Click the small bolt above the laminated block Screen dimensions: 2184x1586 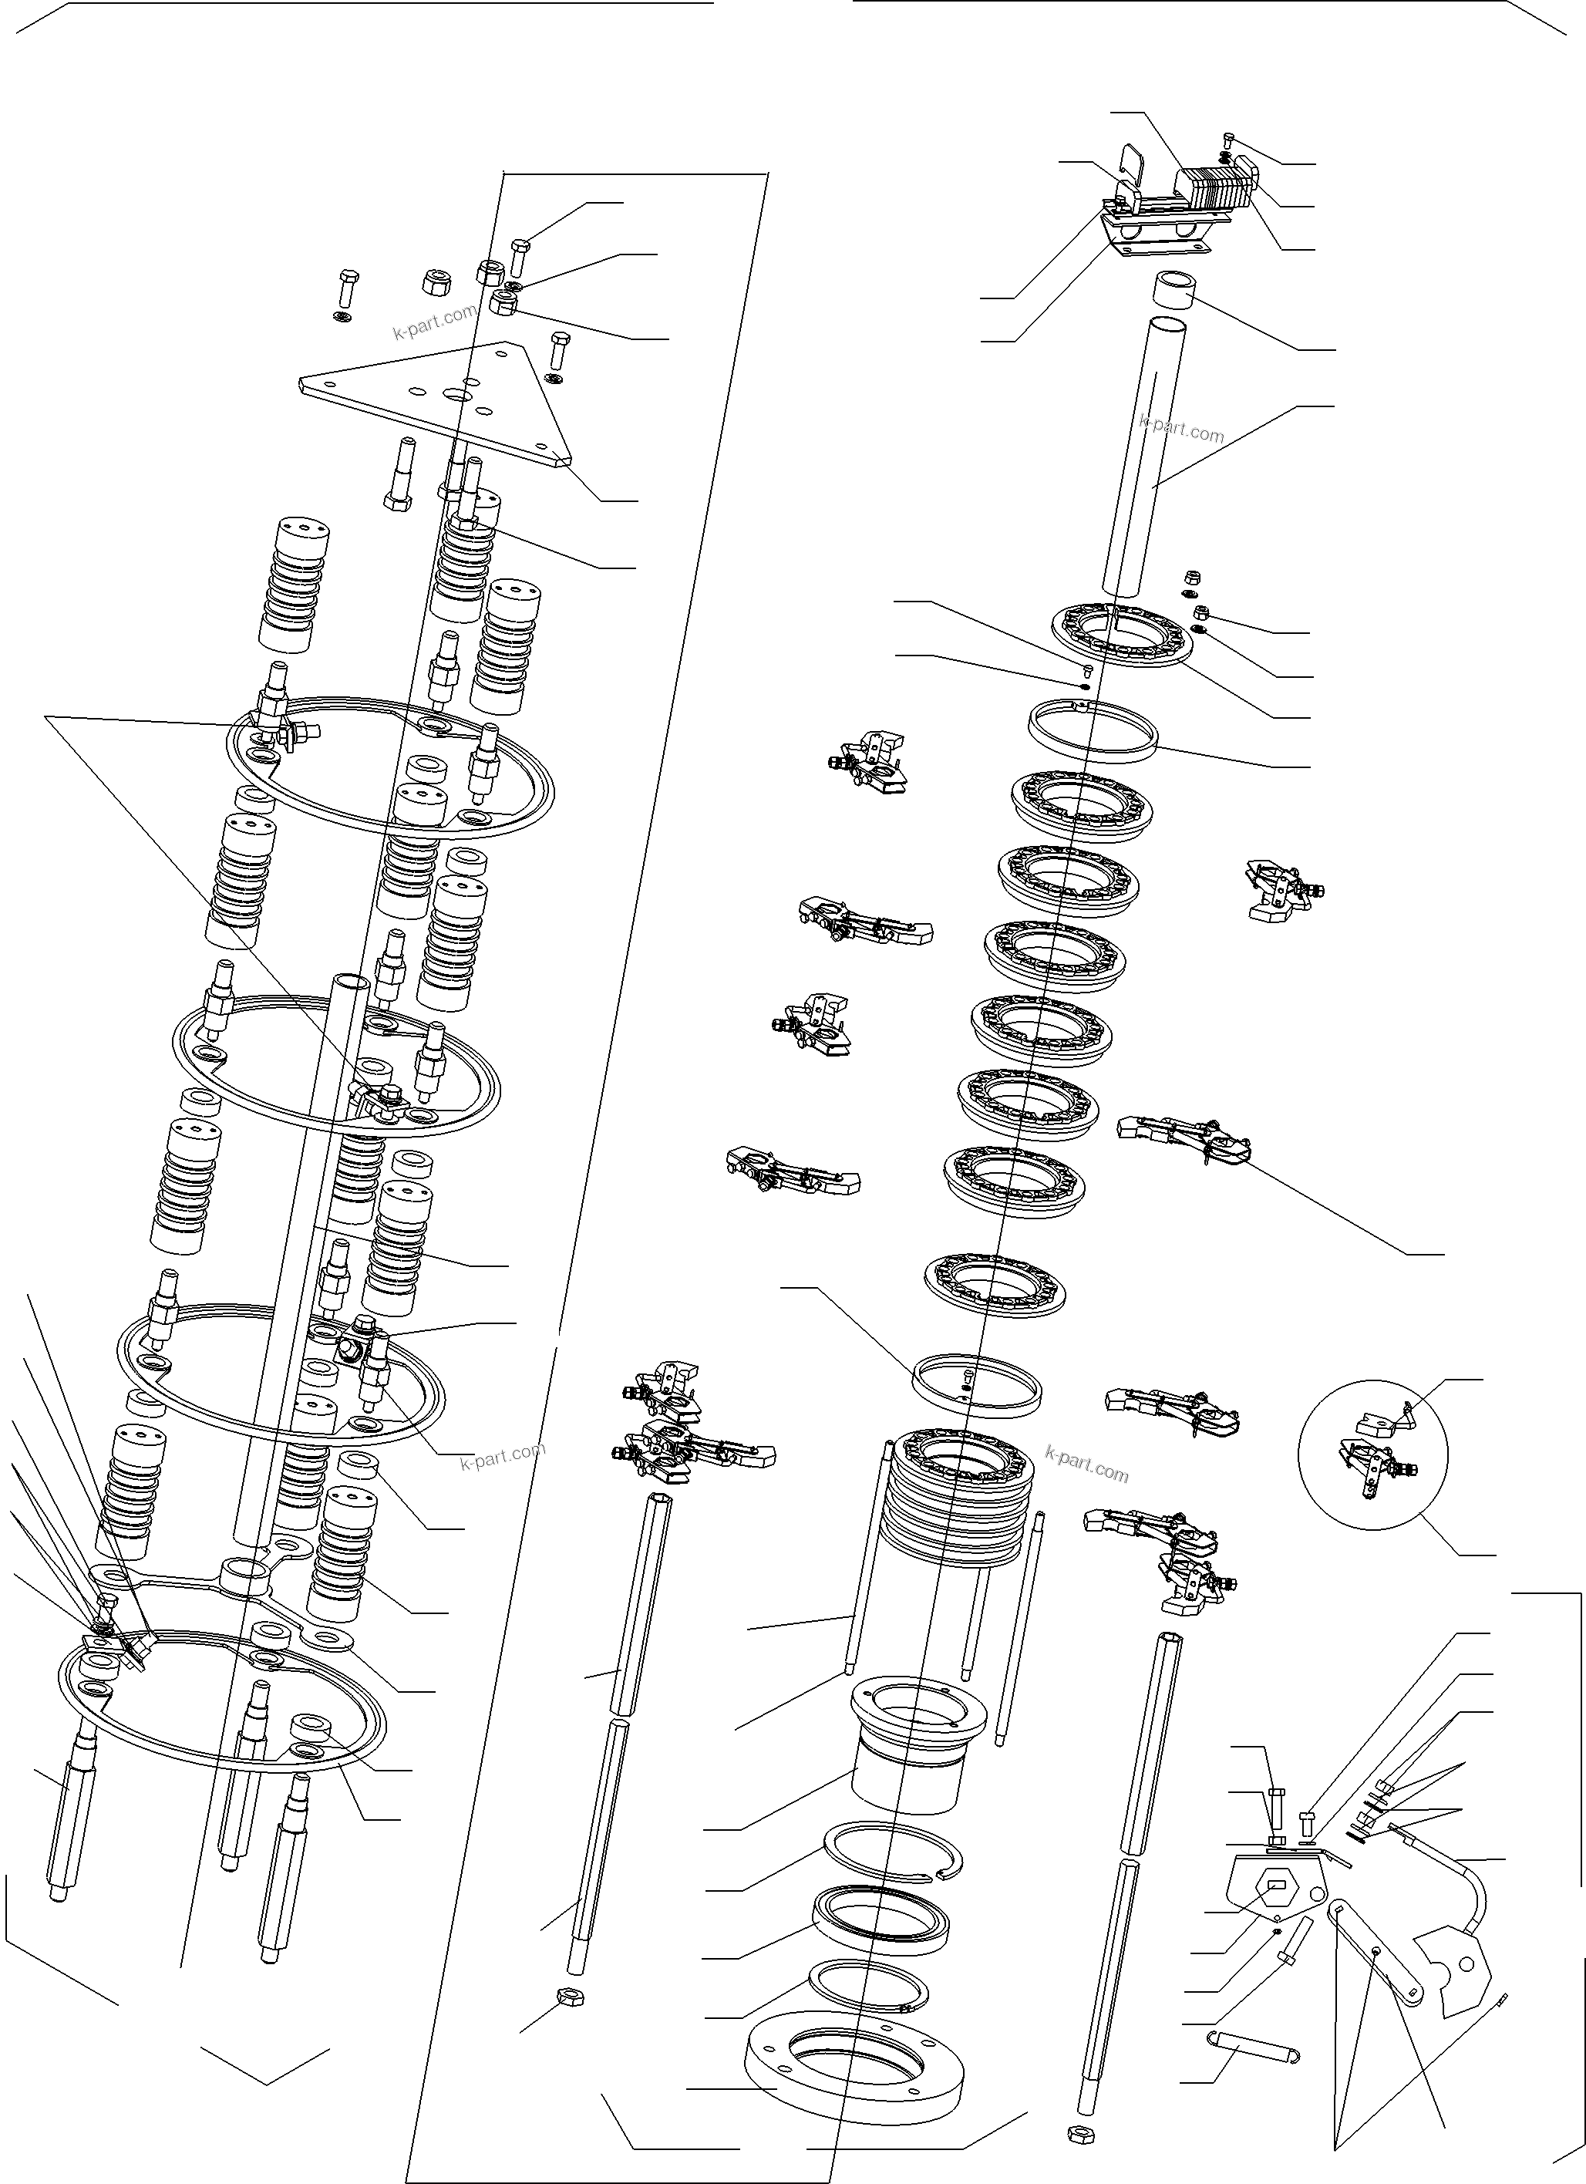1230,140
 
